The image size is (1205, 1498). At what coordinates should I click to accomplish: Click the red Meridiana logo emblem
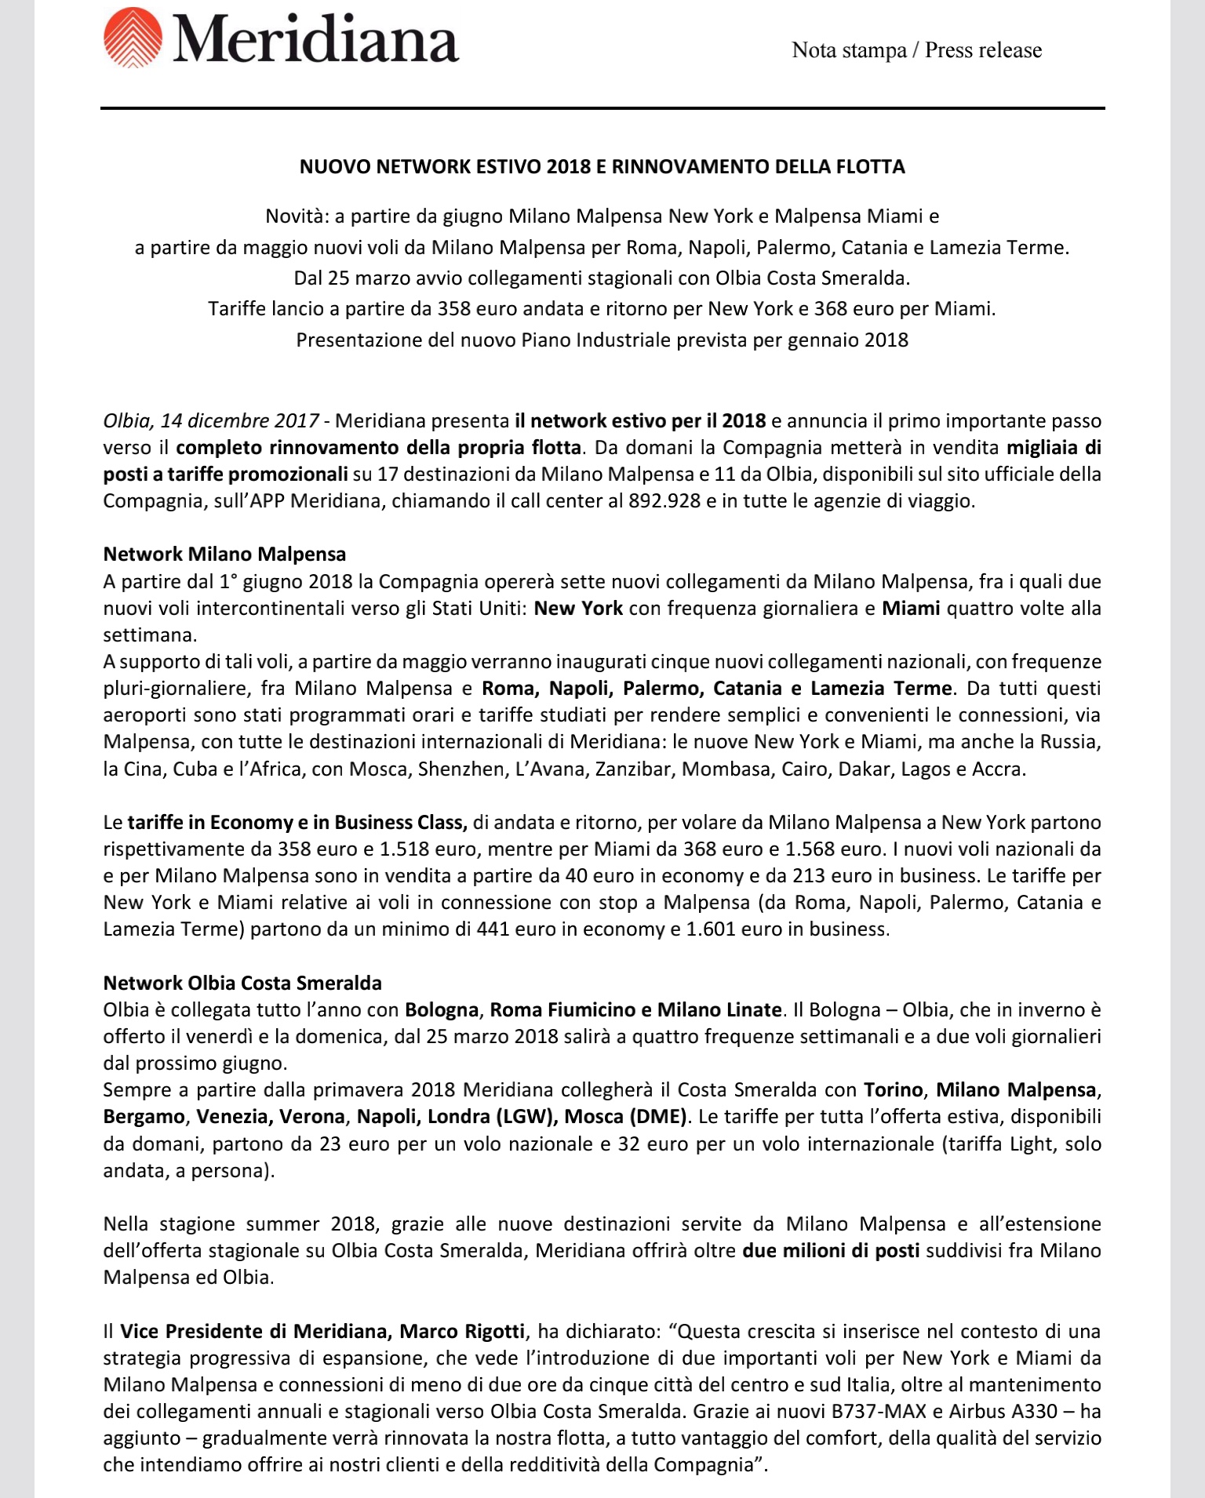coord(133,38)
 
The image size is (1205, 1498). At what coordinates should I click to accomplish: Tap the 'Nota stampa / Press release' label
coord(916,50)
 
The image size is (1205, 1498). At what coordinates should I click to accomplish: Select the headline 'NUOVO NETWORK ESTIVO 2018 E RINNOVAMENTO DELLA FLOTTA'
coord(602,166)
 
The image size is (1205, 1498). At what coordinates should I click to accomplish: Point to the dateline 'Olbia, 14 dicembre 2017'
coord(211,421)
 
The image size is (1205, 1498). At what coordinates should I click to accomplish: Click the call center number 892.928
coord(664,501)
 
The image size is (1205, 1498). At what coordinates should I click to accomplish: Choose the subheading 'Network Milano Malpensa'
coord(224,554)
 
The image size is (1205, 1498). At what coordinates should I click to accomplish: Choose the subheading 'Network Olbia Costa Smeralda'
coord(242,984)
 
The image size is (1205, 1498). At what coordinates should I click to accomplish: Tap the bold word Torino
coord(893,1090)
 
